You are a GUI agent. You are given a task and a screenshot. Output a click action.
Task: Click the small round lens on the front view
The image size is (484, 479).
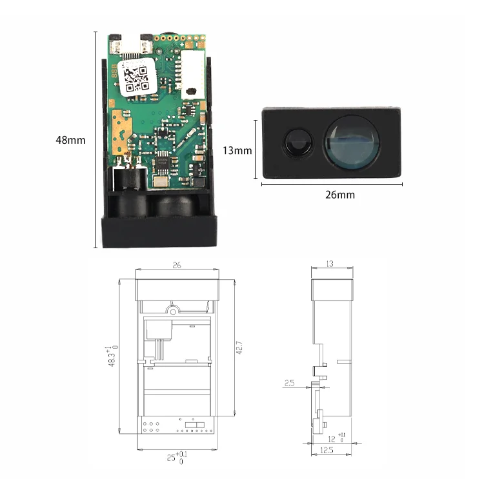299,142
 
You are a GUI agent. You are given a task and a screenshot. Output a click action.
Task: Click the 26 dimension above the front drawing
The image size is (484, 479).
176,265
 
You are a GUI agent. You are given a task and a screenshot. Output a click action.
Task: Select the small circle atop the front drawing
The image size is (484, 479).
172,309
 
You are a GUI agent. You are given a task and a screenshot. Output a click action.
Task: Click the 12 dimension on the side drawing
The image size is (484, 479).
336,438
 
